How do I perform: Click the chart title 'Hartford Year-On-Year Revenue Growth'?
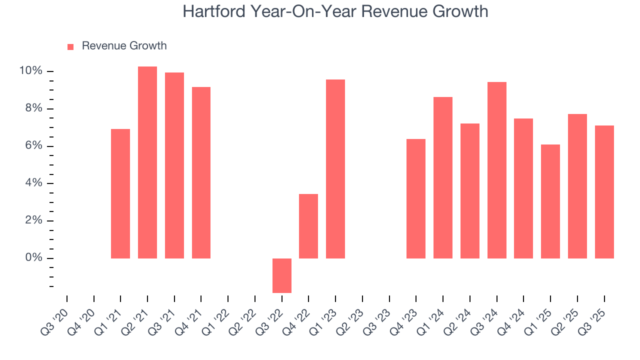(335, 11)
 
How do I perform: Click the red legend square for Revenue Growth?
(70, 46)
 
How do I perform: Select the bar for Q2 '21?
(147, 162)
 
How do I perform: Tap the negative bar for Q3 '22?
(282, 275)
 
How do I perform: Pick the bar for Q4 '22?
(308, 226)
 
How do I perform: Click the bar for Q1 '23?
(335, 169)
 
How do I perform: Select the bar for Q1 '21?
(120, 193)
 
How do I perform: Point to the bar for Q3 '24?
(497, 170)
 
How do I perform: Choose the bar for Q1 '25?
(550, 201)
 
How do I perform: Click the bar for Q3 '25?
(604, 192)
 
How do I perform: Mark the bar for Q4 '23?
(416, 198)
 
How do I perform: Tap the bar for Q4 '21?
(201, 172)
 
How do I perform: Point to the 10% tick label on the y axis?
(30, 71)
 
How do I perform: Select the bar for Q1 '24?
(443, 177)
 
